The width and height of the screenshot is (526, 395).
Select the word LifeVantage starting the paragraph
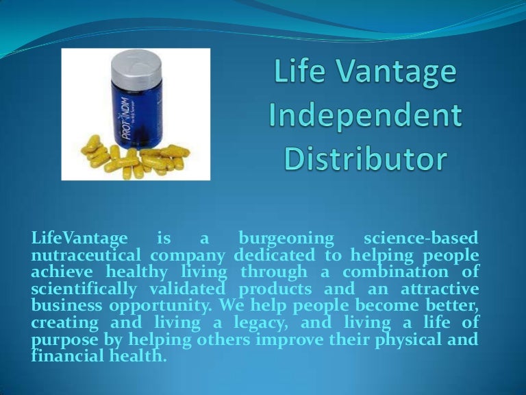coord(79,238)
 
